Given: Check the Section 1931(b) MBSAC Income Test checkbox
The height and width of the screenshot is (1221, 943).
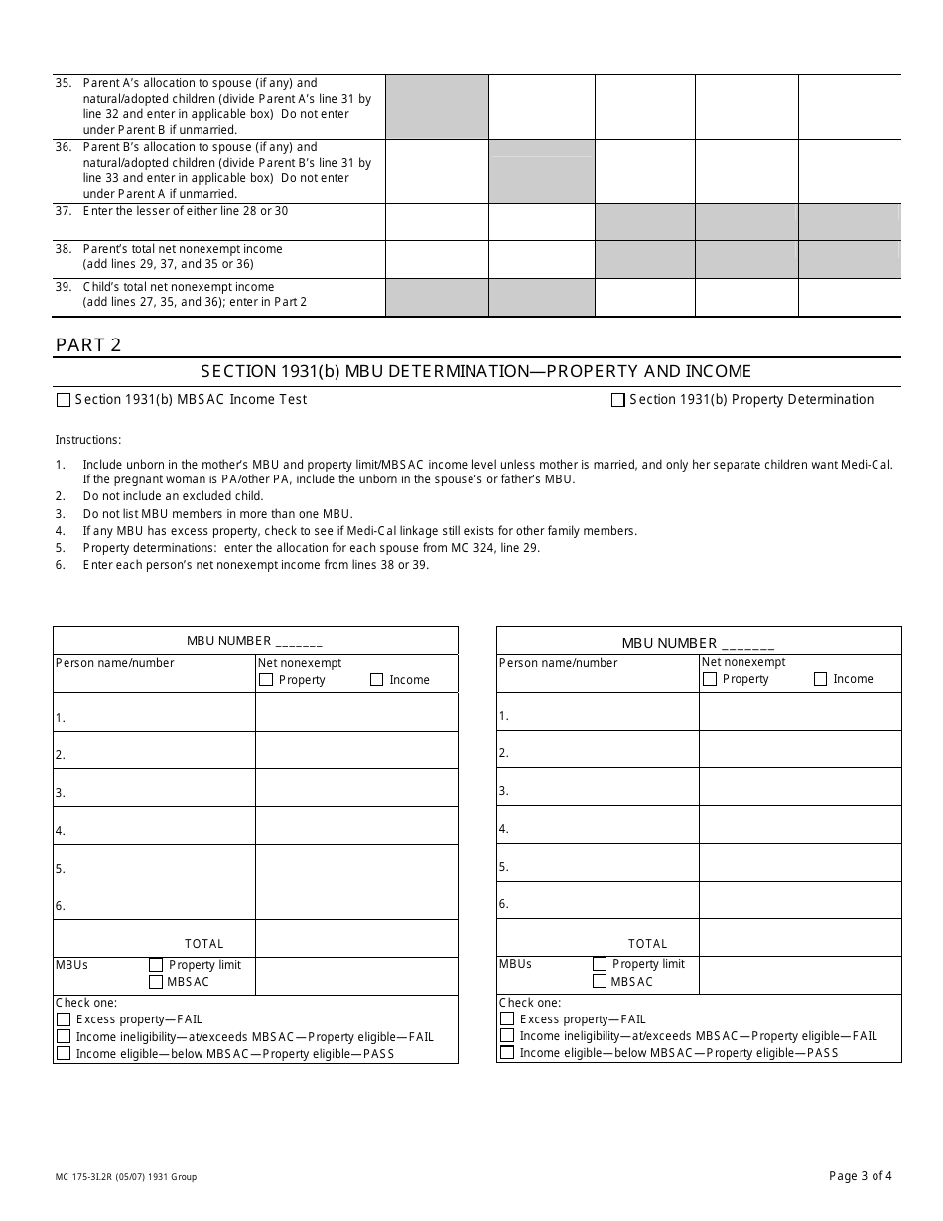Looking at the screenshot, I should point(64,400).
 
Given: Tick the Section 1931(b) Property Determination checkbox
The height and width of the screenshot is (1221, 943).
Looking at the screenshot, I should point(618,400).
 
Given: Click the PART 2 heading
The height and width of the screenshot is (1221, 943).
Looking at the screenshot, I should point(88,345).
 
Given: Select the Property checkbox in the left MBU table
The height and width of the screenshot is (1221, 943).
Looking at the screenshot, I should point(265,680).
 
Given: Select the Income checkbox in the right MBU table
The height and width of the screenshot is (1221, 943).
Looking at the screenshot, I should point(820,679).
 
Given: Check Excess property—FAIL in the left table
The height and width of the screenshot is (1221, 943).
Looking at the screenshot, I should point(64,1019).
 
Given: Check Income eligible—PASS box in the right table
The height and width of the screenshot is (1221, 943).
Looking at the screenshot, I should point(507,1053).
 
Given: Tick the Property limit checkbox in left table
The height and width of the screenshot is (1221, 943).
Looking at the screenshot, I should point(156,965).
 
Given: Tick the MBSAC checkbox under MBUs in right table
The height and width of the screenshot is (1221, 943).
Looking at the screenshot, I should point(600,981).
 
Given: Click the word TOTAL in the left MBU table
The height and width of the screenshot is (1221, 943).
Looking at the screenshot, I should point(204,944).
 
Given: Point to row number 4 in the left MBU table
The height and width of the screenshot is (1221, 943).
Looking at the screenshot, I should point(61,831).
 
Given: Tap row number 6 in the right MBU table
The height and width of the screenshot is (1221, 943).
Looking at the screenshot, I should point(504,904).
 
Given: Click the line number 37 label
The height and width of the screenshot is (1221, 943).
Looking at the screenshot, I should point(64,211).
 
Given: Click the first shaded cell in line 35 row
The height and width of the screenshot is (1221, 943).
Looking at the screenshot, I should point(437,107).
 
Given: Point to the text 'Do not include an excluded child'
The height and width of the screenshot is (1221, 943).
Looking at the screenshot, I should point(174,496).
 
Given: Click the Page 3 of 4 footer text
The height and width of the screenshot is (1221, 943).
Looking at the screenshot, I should point(860,1176).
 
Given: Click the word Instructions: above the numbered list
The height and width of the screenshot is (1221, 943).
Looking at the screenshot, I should point(88,440).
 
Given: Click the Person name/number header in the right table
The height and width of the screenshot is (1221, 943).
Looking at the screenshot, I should point(558,663).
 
